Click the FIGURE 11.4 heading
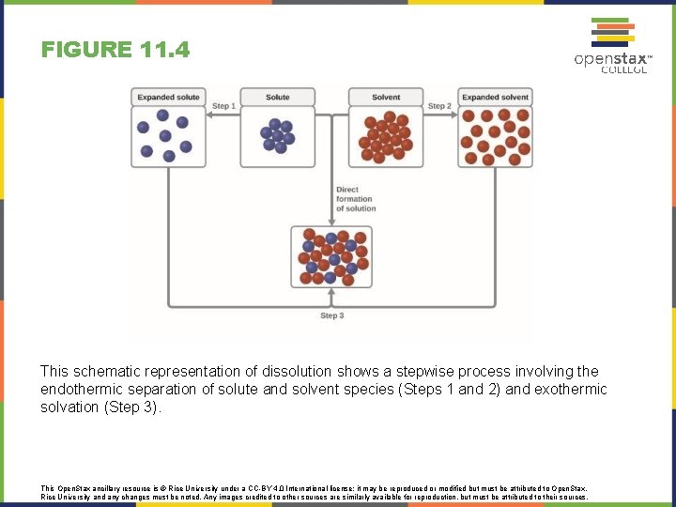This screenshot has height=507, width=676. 115,49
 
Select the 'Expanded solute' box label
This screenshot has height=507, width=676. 169,97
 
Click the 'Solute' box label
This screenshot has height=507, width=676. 278,97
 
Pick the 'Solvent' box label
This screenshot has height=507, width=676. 386,97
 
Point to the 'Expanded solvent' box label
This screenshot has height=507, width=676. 495,97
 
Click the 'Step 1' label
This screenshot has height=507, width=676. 223,106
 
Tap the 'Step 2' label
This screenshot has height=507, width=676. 439,106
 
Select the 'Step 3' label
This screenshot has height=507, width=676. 332,316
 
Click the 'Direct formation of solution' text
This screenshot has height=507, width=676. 354,199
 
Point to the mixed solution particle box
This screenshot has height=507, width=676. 331,256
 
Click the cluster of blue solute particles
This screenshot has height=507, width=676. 278,136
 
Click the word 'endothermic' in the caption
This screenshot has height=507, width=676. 80,390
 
